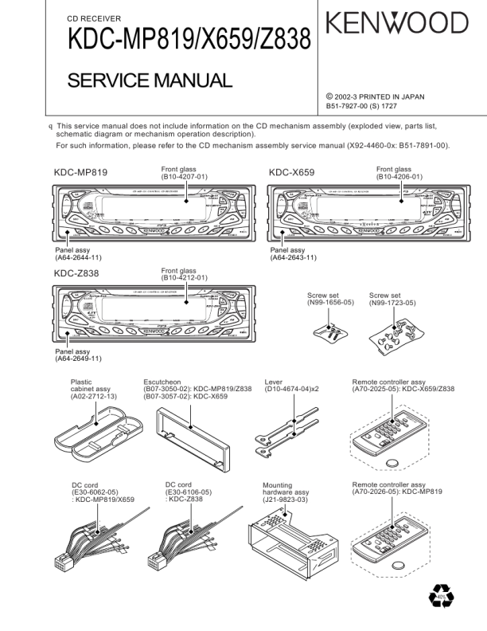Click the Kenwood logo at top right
pyautogui.click(x=395, y=24)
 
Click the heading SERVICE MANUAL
pyautogui.click(x=149, y=80)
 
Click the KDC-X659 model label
pyautogui.click(x=291, y=172)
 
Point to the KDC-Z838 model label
pyautogui.click(x=77, y=273)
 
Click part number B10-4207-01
pyautogui.click(x=185, y=177)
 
